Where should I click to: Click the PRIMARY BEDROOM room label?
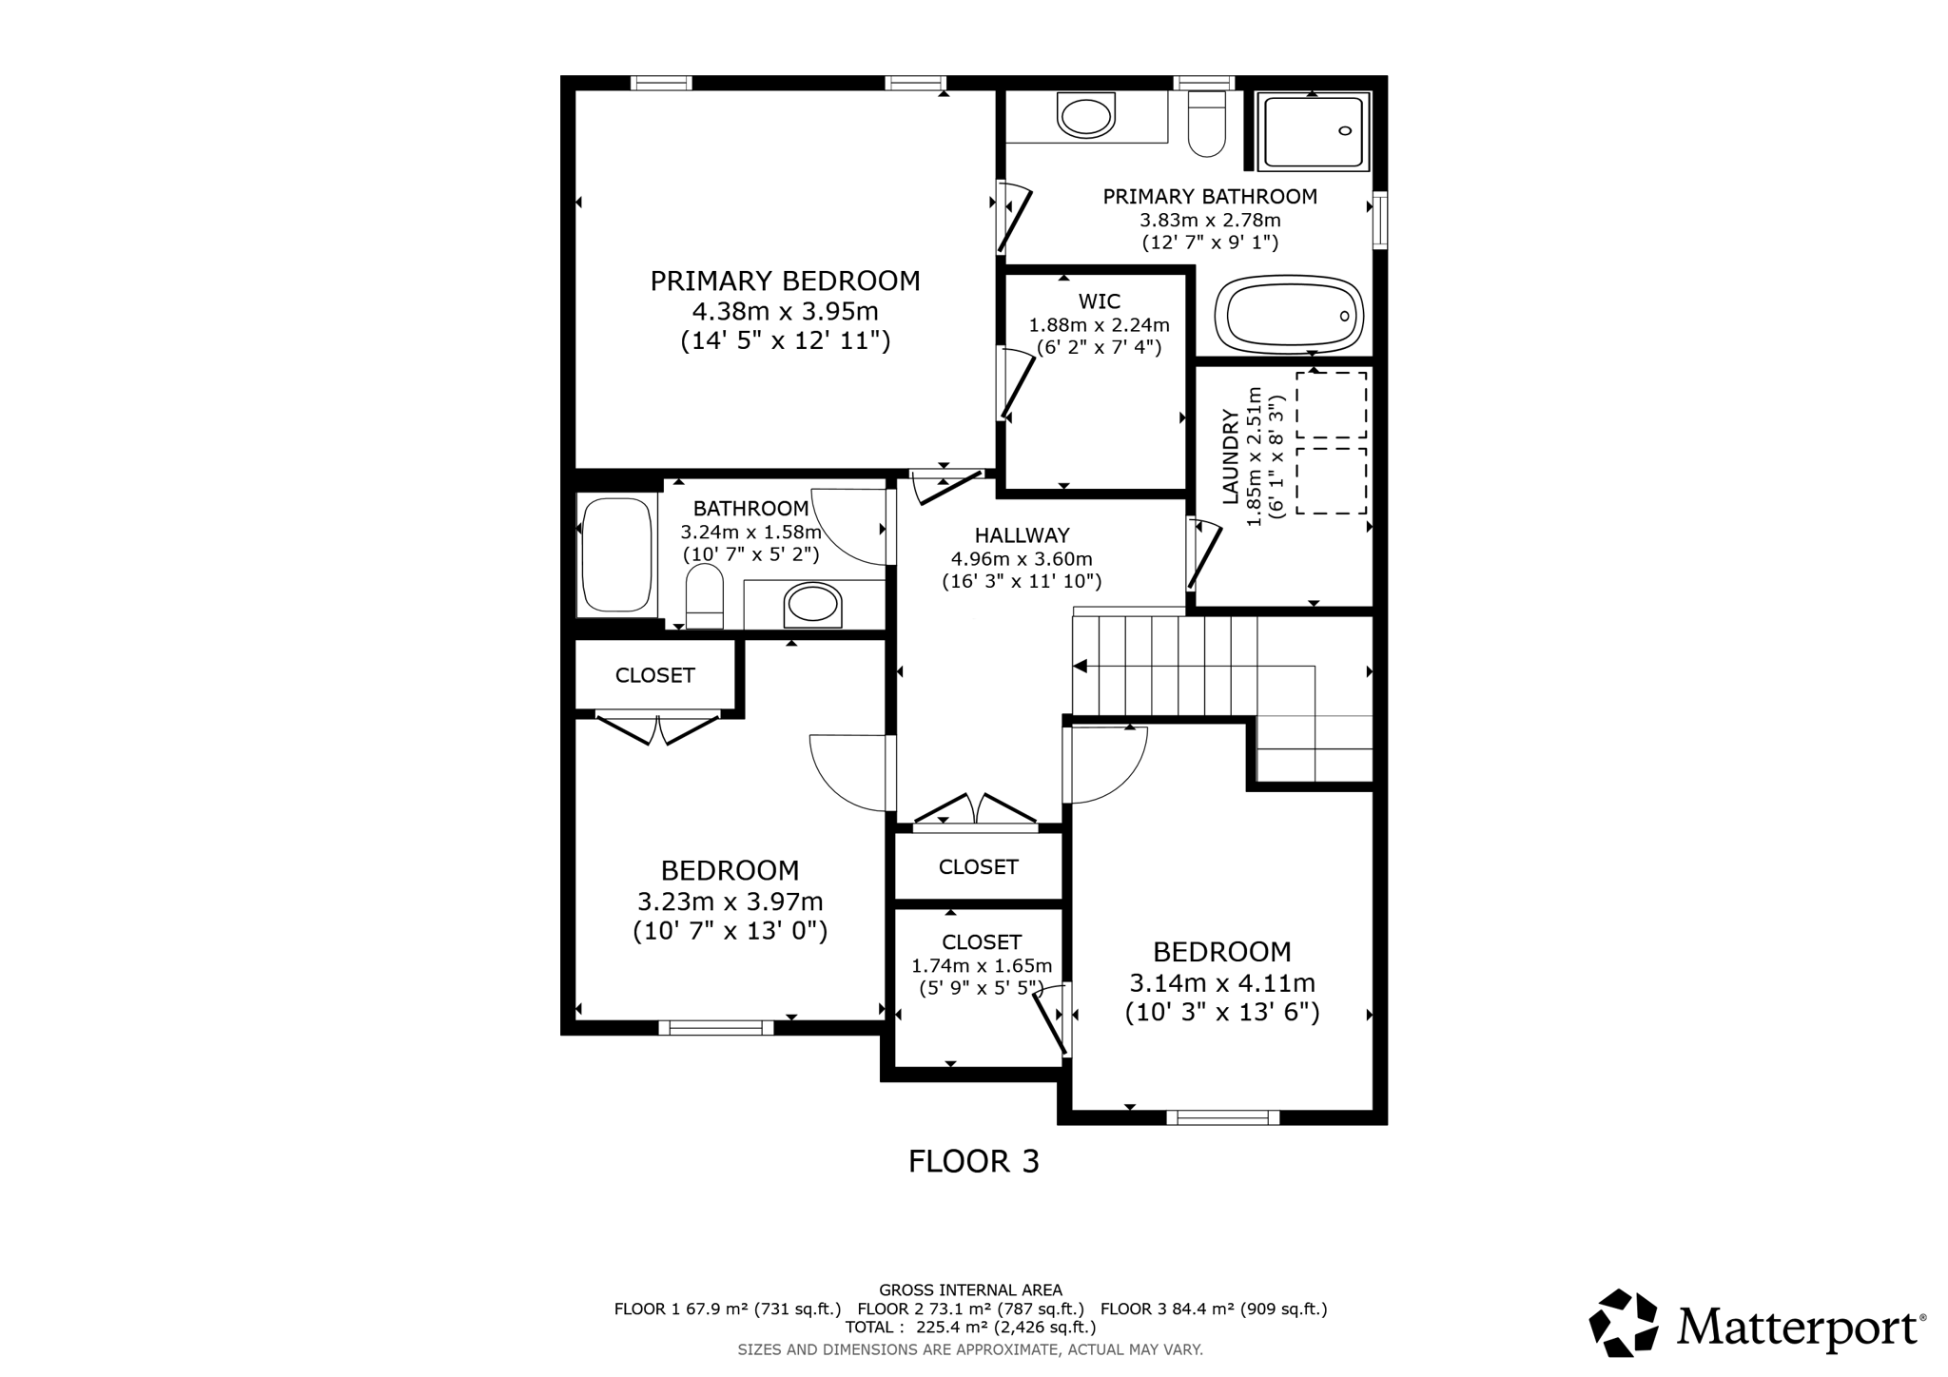coord(785,281)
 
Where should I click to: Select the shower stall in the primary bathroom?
coord(1313,131)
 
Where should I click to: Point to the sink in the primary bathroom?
coord(1085,118)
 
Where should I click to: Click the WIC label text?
coord(1099,302)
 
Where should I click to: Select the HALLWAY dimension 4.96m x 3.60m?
coord(1022,559)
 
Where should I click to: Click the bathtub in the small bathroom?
coord(616,554)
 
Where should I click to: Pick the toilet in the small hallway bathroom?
coord(704,596)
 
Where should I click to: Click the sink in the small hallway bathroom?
coord(812,605)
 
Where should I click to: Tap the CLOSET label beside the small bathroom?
coord(654,675)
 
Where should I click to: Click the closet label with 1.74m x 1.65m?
coord(982,942)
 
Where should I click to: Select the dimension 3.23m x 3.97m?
coord(730,902)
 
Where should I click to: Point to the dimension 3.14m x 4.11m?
coord(1221,982)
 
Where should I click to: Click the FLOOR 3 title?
coord(973,1162)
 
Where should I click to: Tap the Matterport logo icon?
coord(1624,1323)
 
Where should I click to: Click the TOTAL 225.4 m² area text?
coord(970,1328)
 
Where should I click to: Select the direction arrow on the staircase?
coord(1081,668)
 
